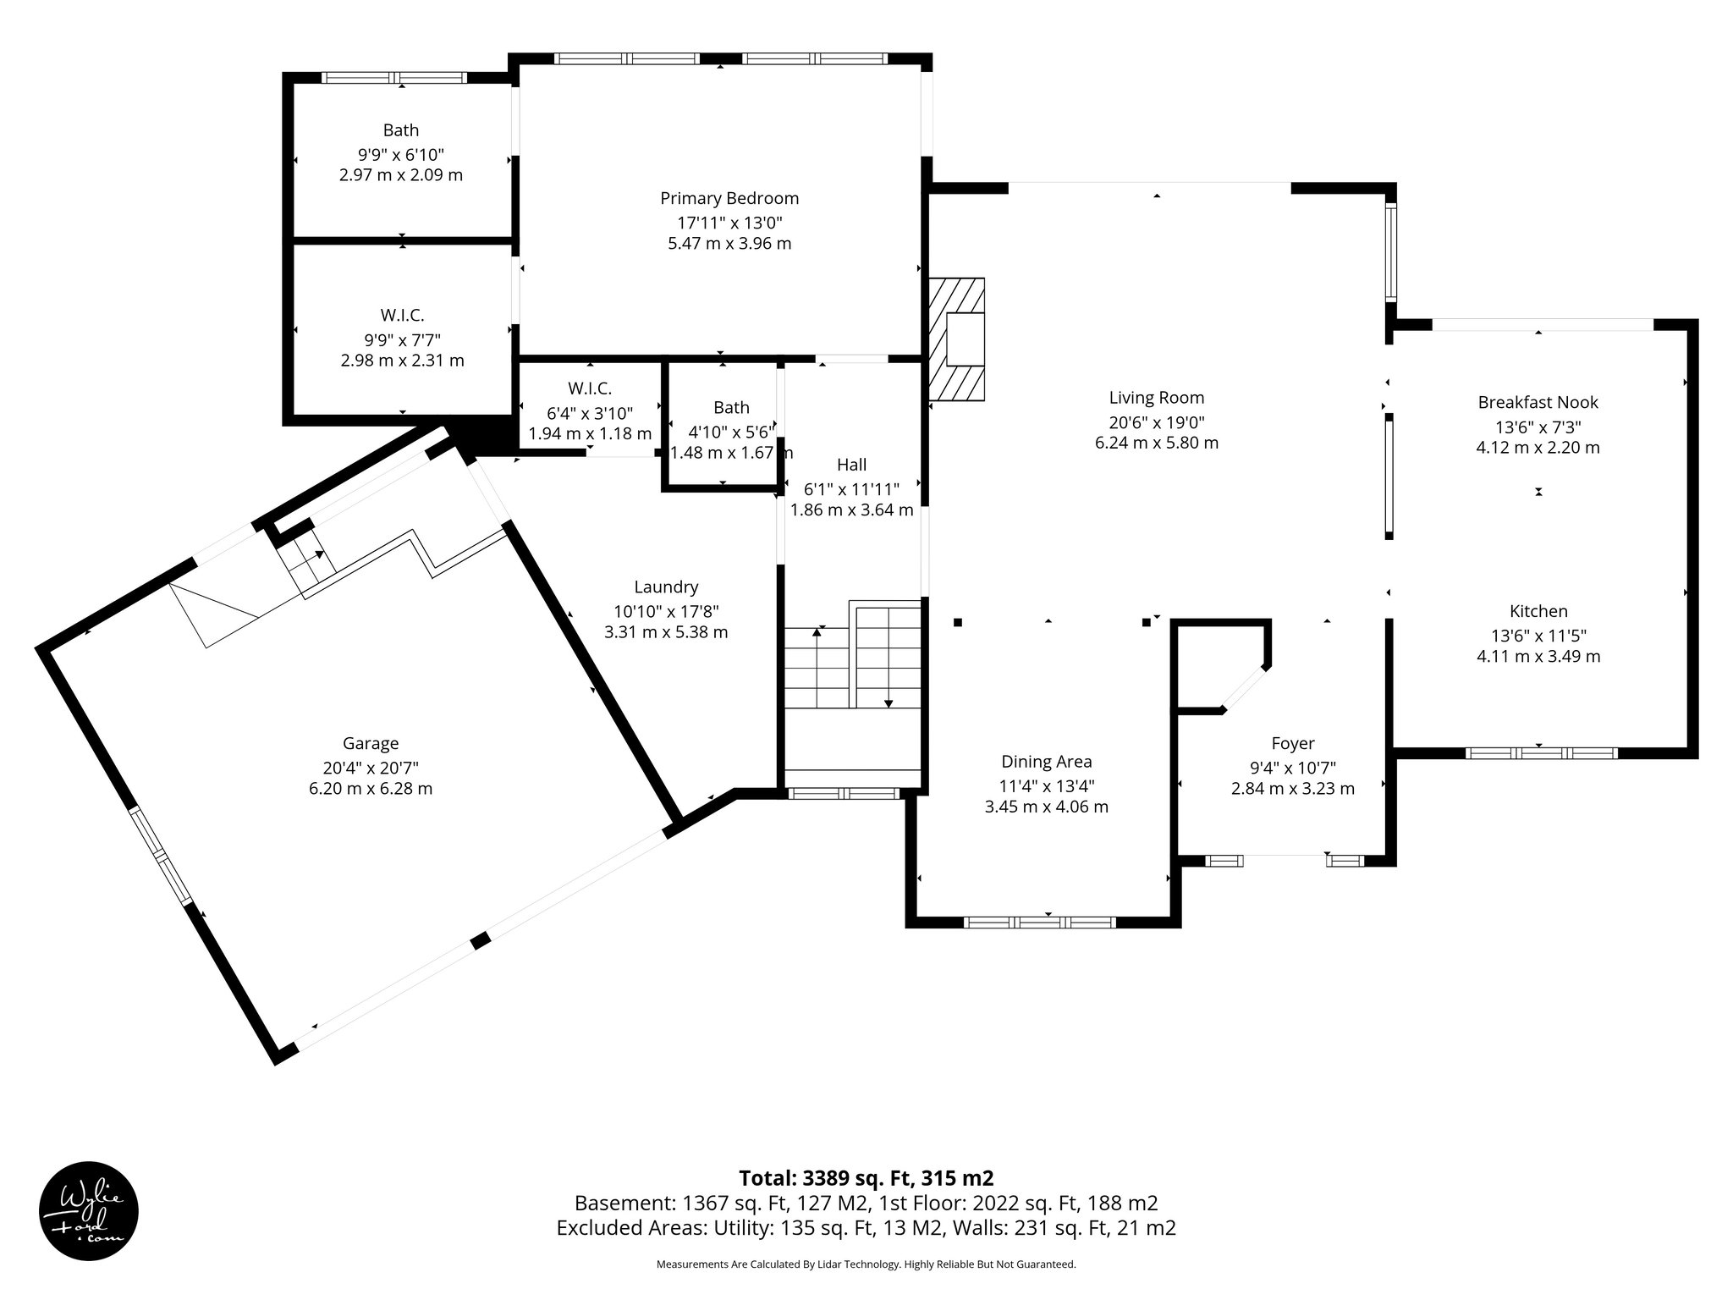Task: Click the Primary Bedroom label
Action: pyautogui.click(x=729, y=199)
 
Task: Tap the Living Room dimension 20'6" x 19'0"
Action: pyautogui.click(x=1156, y=422)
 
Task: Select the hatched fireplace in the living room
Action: pyautogui.click(x=957, y=339)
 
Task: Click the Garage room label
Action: pyautogui.click(x=371, y=744)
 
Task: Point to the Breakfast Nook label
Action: pyautogui.click(x=1538, y=403)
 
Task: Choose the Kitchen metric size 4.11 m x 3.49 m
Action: pyautogui.click(x=1538, y=656)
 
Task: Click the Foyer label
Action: pyautogui.click(x=1292, y=744)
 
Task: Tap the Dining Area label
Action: pyautogui.click(x=1046, y=762)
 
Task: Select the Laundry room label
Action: pyautogui.click(x=666, y=587)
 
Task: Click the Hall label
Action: pyautogui.click(x=851, y=465)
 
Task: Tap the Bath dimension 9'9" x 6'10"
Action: pyautogui.click(x=400, y=155)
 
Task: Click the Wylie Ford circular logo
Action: pyautogui.click(x=89, y=1211)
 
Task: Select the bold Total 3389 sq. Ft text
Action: pyautogui.click(x=866, y=1178)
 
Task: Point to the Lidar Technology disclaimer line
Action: pyautogui.click(x=866, y=1264)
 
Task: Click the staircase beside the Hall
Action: pyautogui.click(x=852, y=668)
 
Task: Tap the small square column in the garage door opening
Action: pyautogui.click(x=481, y=940)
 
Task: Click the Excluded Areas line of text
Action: pyautogui.click(x=866, y=1228)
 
